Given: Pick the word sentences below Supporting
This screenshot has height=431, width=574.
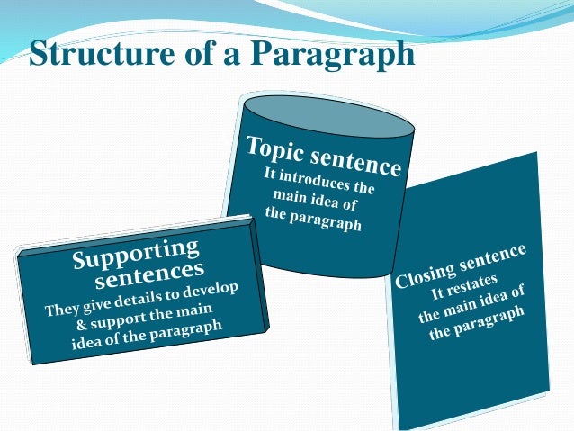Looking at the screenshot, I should (x=149, y=273).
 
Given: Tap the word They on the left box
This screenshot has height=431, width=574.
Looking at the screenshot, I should (x=63, y=308).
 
